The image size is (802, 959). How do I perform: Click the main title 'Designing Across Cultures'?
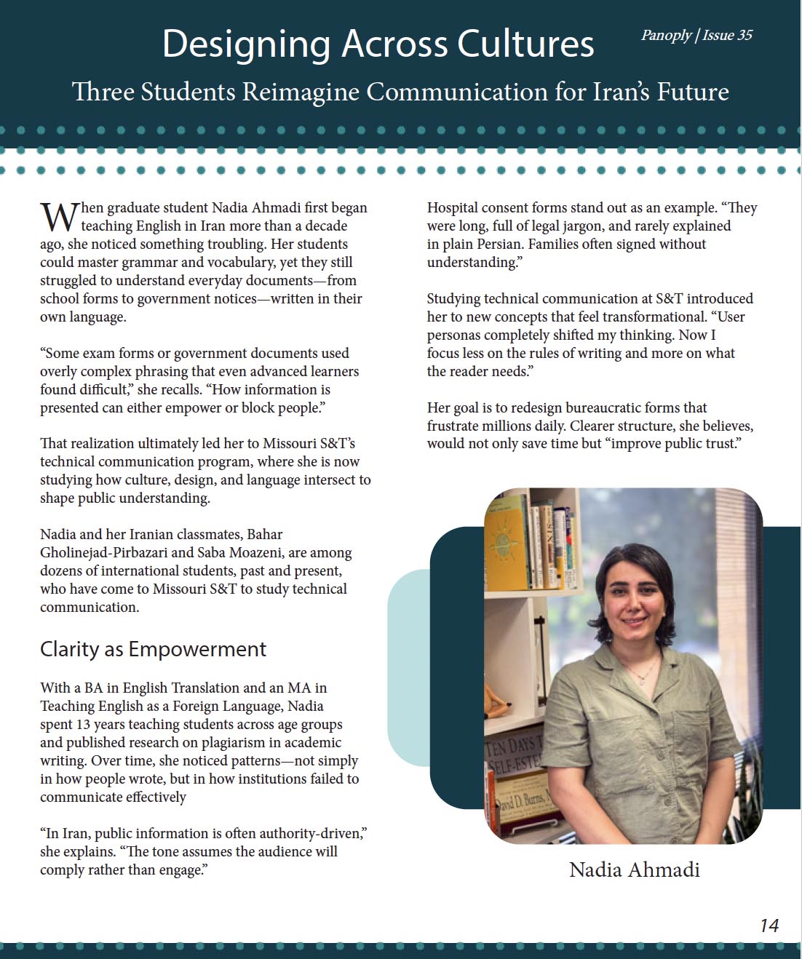point(378,44)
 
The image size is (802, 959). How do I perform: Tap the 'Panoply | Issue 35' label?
point(696,35)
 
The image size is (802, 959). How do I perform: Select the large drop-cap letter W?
point(59,217)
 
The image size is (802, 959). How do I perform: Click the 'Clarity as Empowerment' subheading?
point(153,649)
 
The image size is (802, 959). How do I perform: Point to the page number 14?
point(769,926)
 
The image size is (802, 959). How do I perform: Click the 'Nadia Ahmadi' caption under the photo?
point(634,870)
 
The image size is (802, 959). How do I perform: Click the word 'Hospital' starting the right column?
point(453,207)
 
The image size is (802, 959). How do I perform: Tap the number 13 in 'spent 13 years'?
point(83,724)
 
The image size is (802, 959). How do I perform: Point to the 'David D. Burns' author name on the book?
point(521,800)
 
